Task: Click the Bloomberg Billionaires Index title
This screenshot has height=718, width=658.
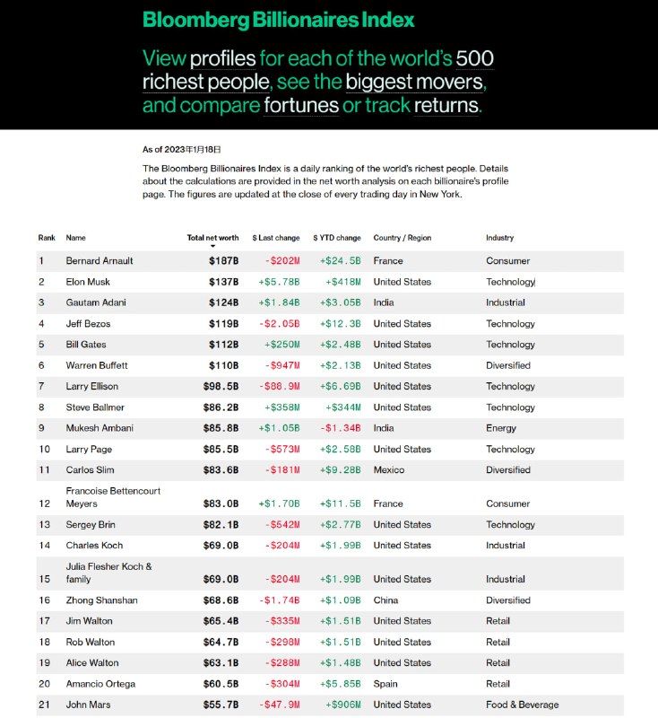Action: coord(279,20)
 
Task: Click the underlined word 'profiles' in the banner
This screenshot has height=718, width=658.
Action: coord(222,59)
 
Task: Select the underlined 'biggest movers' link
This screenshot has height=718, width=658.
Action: coord(415,83)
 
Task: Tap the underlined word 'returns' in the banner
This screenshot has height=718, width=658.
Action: coord(446,105)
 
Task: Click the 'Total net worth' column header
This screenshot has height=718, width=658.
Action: coord(212,238)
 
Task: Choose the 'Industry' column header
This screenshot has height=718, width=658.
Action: coord(500,238)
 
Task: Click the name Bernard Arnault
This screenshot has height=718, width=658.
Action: coord(100,261)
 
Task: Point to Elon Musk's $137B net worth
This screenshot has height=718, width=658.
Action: coord(223,282)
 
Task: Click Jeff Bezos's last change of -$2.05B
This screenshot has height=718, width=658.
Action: coord(280,324)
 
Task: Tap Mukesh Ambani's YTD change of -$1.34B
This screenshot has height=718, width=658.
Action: coord(340,428)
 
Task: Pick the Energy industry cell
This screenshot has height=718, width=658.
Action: coord(501,428)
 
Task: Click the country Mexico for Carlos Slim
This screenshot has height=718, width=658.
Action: coord(389,470)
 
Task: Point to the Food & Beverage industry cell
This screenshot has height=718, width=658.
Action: coord(522,705)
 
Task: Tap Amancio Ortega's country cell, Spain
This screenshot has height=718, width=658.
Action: coord(385,684)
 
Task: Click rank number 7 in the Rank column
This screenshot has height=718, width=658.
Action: coord(41,387)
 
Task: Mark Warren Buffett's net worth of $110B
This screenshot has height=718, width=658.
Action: coord(223,365)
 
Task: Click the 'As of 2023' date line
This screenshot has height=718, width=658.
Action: coord(182,149)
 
